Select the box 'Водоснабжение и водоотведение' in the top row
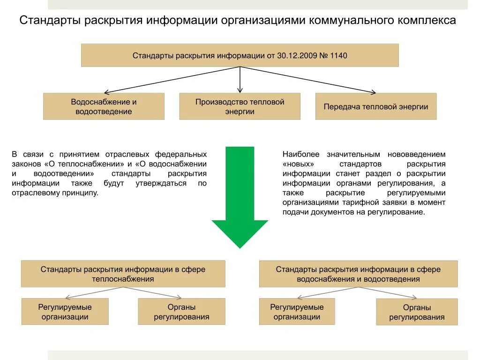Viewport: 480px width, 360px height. pos(104,106)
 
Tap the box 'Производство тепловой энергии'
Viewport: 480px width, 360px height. pos(240,106)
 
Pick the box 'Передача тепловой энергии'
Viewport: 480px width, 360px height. pos(375,106)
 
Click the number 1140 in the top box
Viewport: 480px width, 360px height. pos(338,55)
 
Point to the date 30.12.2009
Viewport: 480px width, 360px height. pos(295,55)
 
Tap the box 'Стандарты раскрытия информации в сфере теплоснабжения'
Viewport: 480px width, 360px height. pos(123,274)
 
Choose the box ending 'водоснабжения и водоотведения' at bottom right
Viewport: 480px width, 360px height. pos(358,274)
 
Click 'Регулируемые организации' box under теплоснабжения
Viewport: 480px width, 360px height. pos(65,312)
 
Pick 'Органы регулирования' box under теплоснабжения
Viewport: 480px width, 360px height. pos(181,312)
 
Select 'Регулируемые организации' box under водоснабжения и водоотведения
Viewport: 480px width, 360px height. pos(297,312)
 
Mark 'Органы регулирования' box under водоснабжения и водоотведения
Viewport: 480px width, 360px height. pos(417,312)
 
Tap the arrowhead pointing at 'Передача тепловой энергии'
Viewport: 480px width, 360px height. pos(373,92)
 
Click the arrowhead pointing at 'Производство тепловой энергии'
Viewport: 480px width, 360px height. pos(240,90)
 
